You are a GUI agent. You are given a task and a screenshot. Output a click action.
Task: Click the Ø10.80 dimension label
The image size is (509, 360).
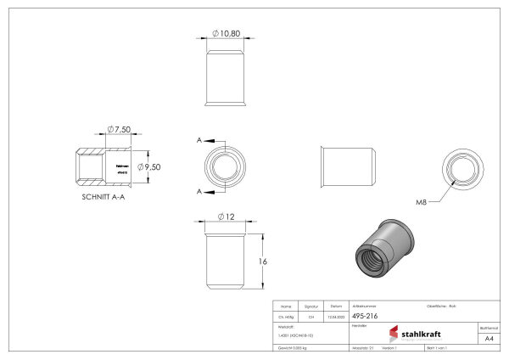point(225,34)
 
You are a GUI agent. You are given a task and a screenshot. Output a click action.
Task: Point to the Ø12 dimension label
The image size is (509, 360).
point(225,216)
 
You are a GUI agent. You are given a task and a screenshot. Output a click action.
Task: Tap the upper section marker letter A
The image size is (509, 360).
point(199,139)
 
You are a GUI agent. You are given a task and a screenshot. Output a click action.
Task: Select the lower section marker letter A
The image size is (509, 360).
point(199,193)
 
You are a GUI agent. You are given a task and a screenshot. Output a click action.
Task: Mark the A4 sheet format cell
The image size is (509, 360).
point(488,338)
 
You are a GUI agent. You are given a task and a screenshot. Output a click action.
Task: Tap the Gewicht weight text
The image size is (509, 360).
point(294,349)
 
